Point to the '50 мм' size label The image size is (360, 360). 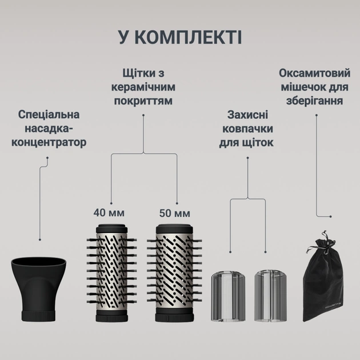pos(173,214)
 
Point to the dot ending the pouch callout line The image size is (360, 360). pos(329,216)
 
